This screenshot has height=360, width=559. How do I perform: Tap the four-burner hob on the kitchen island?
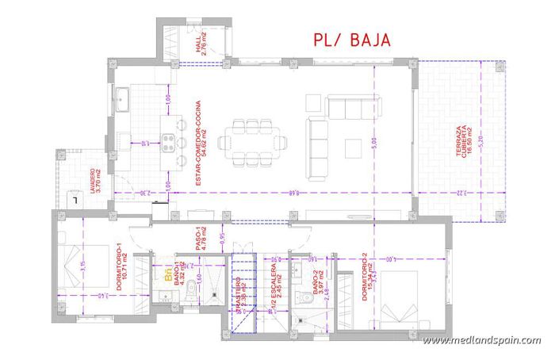169,144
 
